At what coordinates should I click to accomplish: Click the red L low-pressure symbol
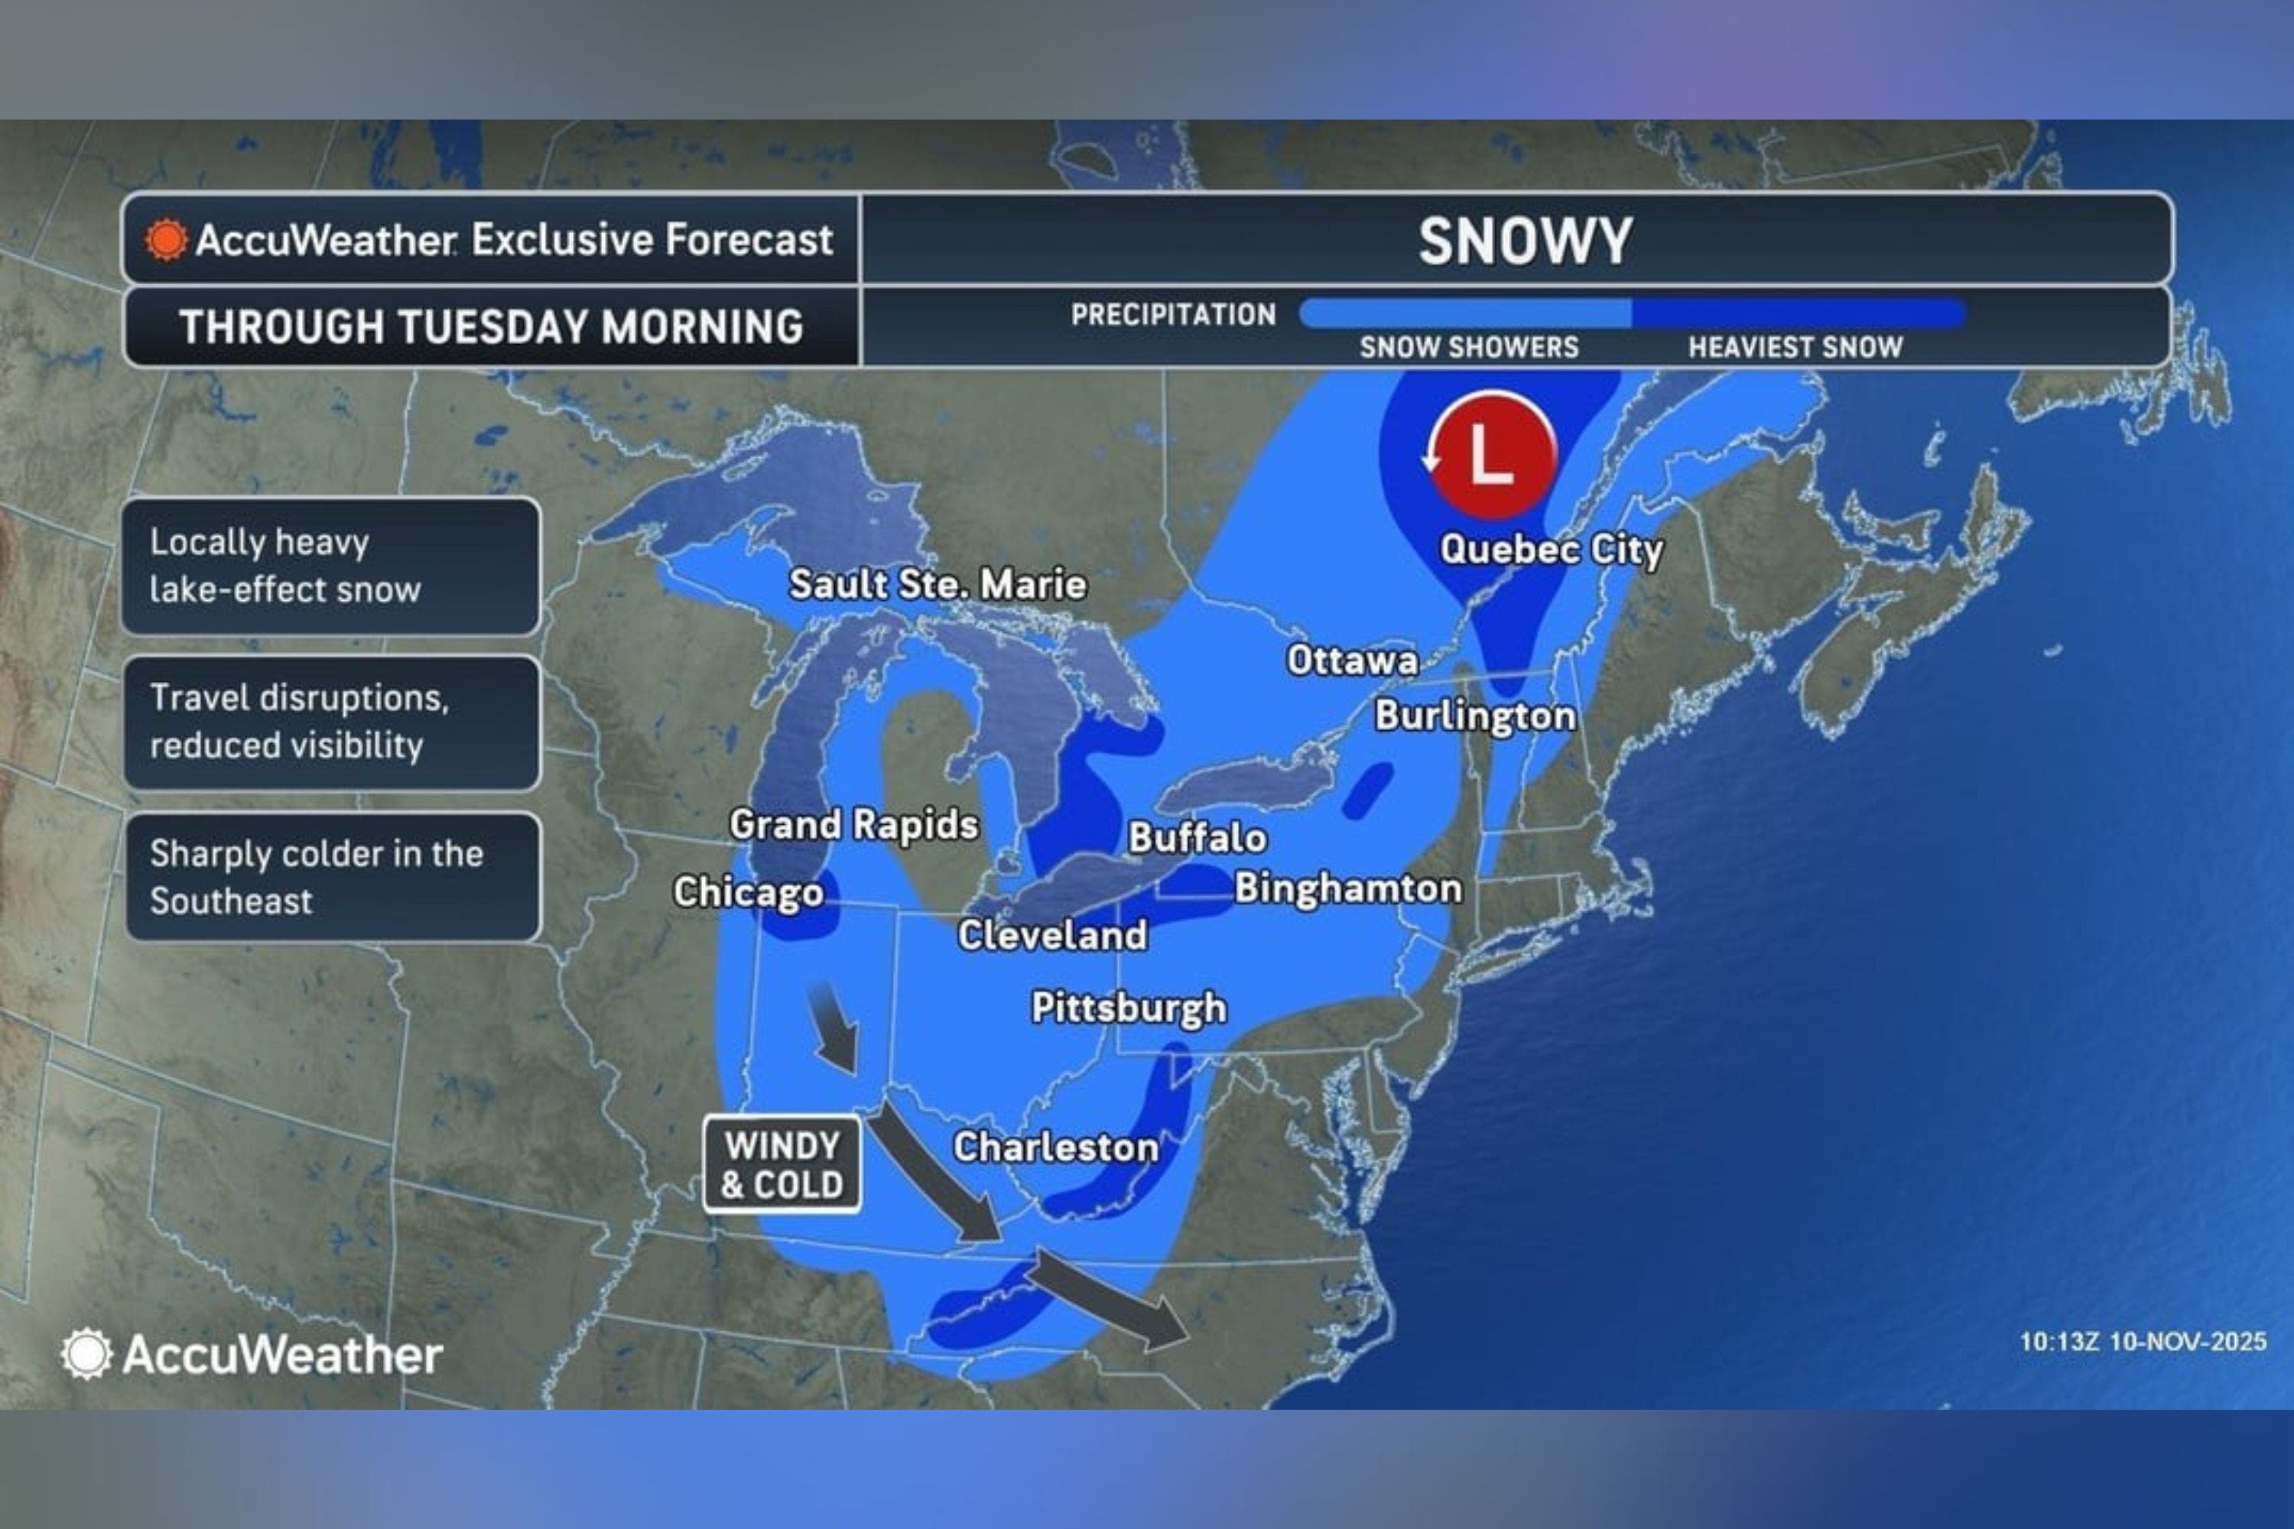[1490, 454]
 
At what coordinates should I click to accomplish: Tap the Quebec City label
[1551, 549]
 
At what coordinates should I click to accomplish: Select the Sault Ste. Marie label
[937, 584]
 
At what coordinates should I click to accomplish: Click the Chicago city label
[748, 892]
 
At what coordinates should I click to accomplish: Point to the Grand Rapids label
[853, 825]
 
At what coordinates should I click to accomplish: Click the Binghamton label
[1348, 888]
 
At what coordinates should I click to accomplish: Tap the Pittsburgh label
[1129, 1008]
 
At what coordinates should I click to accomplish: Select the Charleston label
[1055, 1147]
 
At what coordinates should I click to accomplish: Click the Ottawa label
[1352, 661]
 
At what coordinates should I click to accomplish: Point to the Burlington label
[1475, 716]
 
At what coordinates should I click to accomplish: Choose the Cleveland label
[1051, 935]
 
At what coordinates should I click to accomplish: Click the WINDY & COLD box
[781, 1164]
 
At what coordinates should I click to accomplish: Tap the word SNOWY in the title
[1525, 240]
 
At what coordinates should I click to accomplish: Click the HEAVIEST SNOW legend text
[1795, 347]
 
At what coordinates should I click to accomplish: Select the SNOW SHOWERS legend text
[1469, 347]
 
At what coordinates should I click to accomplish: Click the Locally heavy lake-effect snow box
[330, 566]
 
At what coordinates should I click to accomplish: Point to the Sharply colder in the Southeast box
[330, 877]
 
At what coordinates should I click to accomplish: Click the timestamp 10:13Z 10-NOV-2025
[2142, 1342]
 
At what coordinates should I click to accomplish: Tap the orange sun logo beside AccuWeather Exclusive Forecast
[166, 240]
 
